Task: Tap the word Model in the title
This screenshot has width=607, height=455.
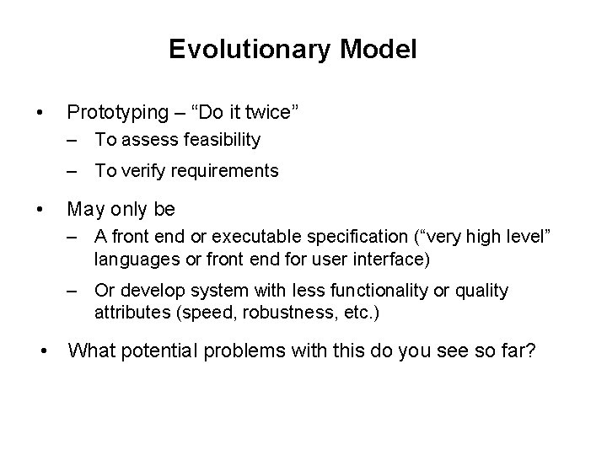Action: [379, 50]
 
